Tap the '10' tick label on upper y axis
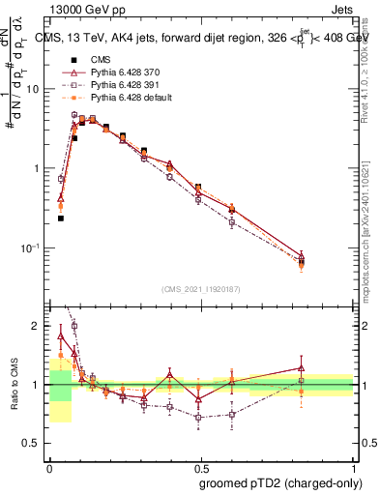coord(33,89)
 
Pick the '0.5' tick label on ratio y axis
coord(33,443)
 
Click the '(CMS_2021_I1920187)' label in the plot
coord(201,288)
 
